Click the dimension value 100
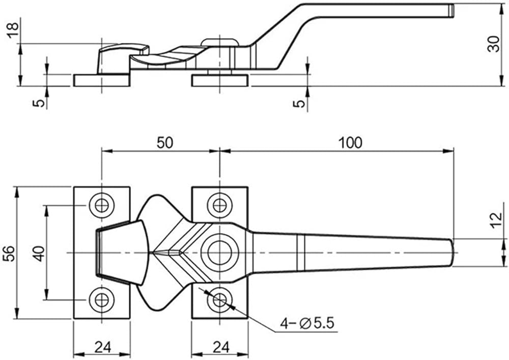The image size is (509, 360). click(350, 143)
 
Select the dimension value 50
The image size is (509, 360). click(165, 143)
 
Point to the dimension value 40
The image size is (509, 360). click(39, 254)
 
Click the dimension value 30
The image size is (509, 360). click(494, 44)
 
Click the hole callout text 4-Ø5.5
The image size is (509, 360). click(307, 323)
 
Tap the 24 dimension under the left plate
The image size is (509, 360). click(103, 347)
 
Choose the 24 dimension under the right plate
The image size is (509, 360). click(221, 347)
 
